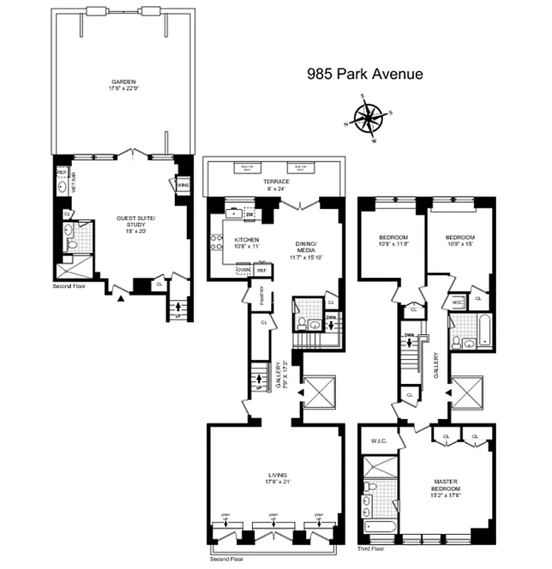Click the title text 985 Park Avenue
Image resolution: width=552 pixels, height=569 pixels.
pos(364,74)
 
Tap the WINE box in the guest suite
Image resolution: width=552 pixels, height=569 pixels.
pos(183,185)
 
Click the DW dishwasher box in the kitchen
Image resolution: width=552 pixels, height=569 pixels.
pos(249,213)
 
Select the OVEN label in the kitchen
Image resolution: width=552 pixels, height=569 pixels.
pos(244,270)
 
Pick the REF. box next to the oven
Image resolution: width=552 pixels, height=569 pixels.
pos(261,270)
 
